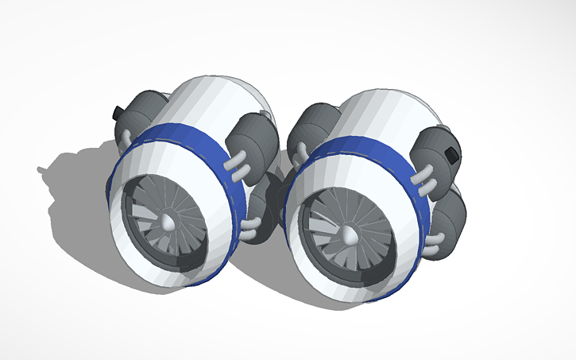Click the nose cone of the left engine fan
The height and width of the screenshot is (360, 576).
click(x=168, y=223)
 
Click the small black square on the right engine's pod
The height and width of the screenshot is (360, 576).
click(x=452, y=154)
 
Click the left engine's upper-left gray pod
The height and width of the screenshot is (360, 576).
click(x=143, y=111)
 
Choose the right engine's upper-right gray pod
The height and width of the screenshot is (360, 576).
click(x=437, y=147)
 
